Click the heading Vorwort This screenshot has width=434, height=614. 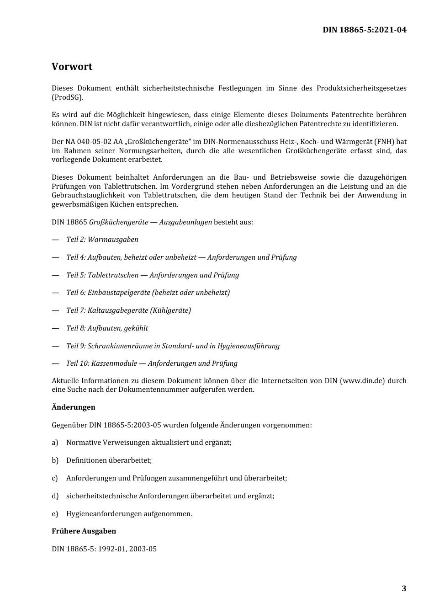72,67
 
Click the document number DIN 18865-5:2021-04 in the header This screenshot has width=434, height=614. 364,30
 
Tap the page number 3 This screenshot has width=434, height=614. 403,588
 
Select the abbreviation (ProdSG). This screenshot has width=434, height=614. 68,97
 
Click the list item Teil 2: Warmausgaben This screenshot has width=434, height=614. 102,240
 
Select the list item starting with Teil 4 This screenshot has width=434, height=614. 181,257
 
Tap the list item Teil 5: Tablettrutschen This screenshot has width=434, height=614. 152,275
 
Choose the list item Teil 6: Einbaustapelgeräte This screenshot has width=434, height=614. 148,293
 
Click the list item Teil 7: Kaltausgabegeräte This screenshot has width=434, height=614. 128,310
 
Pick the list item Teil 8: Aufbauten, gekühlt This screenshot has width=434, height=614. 107,328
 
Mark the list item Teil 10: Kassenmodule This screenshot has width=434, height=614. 152,363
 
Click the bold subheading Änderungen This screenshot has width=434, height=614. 73,407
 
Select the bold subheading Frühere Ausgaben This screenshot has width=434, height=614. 84,531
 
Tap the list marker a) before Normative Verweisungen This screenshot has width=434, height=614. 55,443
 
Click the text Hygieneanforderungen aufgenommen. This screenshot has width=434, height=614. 129,514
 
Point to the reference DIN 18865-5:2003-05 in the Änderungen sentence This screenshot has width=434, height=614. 125,425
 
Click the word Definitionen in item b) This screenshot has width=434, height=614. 86,460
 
